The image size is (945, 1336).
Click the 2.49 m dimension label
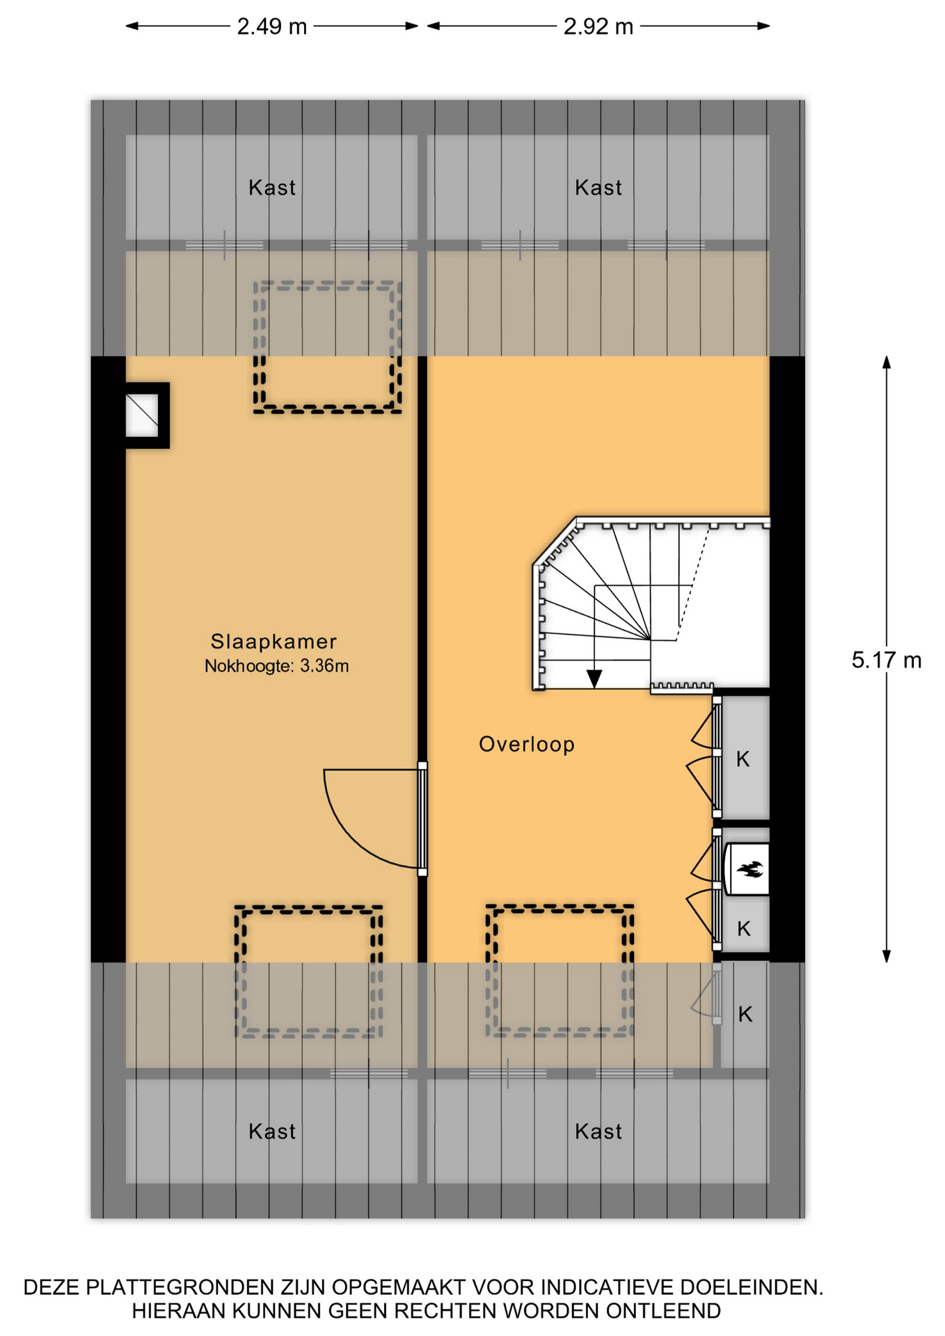(x=271, y=26)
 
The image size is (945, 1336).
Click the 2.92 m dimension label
(x=598, y=26)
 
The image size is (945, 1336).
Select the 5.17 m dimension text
(x=886, y=660)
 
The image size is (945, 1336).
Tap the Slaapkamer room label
(x=273, y=641)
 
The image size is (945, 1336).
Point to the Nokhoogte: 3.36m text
(x=276, y=666)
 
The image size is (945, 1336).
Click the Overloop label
(x=527, y=744)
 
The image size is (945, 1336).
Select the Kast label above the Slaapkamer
(x=272, y=187)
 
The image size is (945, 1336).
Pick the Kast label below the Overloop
(x=598, y=1131)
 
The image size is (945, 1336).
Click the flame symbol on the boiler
(x=750, y=868)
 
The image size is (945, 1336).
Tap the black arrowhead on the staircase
(x=594, y=678)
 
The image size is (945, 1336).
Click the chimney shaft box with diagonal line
(x=142, y=415)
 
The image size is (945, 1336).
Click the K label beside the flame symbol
(x=744, y=928)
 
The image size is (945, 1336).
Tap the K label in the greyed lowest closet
(x=745, y=1015)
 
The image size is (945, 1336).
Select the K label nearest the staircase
(x=743, y=759)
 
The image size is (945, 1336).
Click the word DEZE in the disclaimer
(x=51, y=1287)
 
